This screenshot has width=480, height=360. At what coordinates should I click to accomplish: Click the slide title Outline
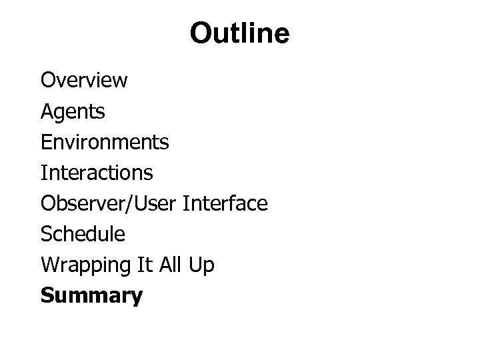239,33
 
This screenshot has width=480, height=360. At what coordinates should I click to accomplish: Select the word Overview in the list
84,81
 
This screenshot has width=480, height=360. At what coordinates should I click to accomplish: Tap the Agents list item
73,112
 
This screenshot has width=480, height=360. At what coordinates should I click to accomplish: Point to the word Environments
105,142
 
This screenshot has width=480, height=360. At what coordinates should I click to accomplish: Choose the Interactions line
97,173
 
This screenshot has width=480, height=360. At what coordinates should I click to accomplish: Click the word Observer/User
110,203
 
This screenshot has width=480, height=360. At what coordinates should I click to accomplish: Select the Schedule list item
83,234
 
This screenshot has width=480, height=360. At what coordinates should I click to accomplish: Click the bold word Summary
91,296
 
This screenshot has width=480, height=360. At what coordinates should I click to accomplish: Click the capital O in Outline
200,33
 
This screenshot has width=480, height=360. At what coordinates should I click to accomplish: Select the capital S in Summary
47,295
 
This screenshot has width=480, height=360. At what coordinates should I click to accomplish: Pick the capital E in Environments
46,142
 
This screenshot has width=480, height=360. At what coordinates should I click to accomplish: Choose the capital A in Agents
47,111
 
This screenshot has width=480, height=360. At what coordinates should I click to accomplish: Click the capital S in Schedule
46,234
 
